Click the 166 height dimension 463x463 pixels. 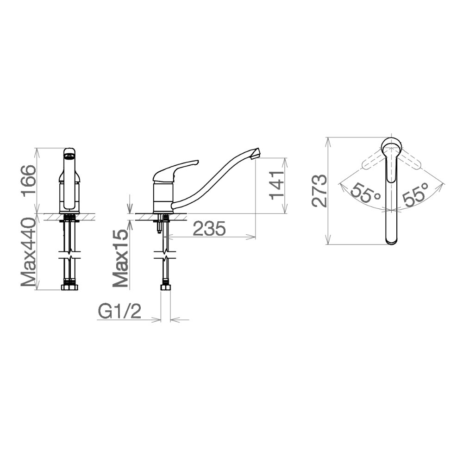click(x=29, y=181)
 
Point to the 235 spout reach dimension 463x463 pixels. click(x=209, y=228)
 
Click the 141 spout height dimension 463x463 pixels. click(x=276, y=185)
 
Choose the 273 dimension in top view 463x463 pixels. click(x=319, y=191)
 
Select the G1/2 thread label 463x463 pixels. click(x=119, y=312)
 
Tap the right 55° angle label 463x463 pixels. click(x=414, y=195)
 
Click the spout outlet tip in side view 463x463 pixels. click(x=256, y=153)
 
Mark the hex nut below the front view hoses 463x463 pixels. click(x=69, y=288)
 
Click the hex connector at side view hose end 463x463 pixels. click(x=165, y=288)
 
